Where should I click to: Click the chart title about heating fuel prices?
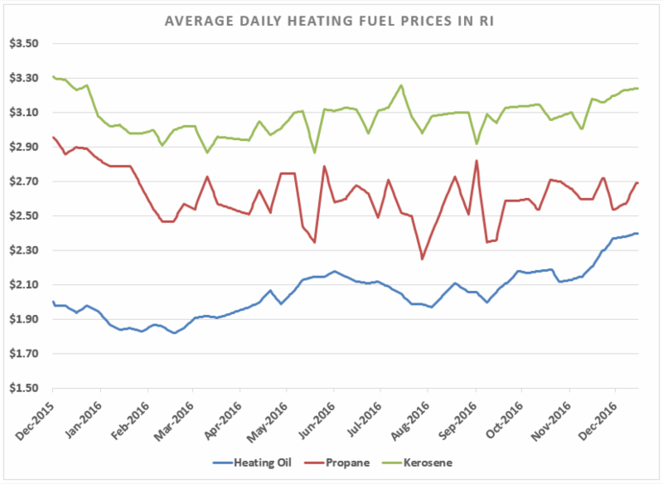331,19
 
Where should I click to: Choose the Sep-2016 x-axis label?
458,415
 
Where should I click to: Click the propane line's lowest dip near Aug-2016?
422,259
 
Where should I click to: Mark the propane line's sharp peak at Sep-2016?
476,161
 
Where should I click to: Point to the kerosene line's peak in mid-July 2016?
401,85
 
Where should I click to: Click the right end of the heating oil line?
637,233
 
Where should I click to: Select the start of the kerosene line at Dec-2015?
53,77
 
